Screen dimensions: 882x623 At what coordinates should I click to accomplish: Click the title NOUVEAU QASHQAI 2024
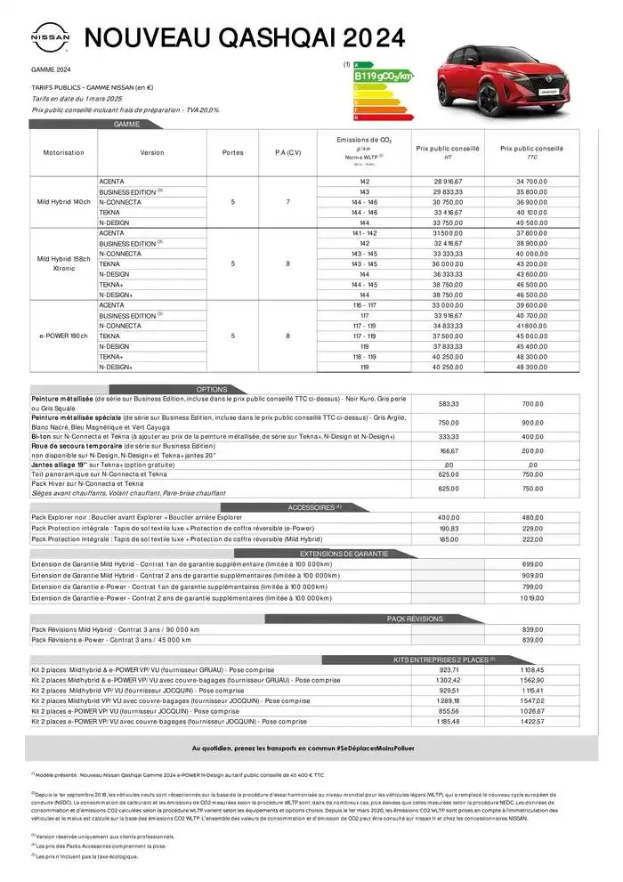click(x=244, y=38)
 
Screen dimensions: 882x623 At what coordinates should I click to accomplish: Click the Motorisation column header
click(x=63, y=152)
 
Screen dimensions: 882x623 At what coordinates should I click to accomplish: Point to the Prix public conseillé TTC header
click(x=532, y=152)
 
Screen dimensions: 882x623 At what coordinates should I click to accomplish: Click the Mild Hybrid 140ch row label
click(x=63, y=202)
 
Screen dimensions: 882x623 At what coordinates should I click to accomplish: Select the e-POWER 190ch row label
click(x=63, y=336)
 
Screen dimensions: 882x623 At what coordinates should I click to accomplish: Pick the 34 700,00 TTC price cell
click(x=532, y=181)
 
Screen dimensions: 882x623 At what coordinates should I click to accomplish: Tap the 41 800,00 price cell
click(x=532, y=326)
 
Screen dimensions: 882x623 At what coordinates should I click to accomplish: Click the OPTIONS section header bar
click(x=213, y=389)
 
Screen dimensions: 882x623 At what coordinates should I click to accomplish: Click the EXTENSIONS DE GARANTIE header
click(x=344, y=554)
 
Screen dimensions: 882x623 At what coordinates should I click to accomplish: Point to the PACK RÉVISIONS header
click(x=414, y=618)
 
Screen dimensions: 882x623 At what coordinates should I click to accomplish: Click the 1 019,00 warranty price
click(x=532, y=599)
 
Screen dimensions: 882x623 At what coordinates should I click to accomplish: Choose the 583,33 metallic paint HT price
click(x=448, y=404)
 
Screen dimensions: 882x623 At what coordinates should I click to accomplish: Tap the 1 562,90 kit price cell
click(x=532, y=679)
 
